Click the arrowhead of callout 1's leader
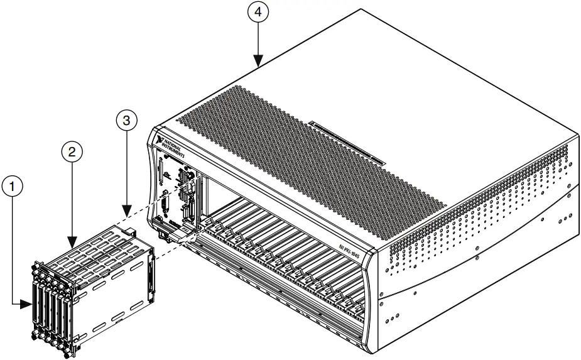click(29, 305)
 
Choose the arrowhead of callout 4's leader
click(258, 65)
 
